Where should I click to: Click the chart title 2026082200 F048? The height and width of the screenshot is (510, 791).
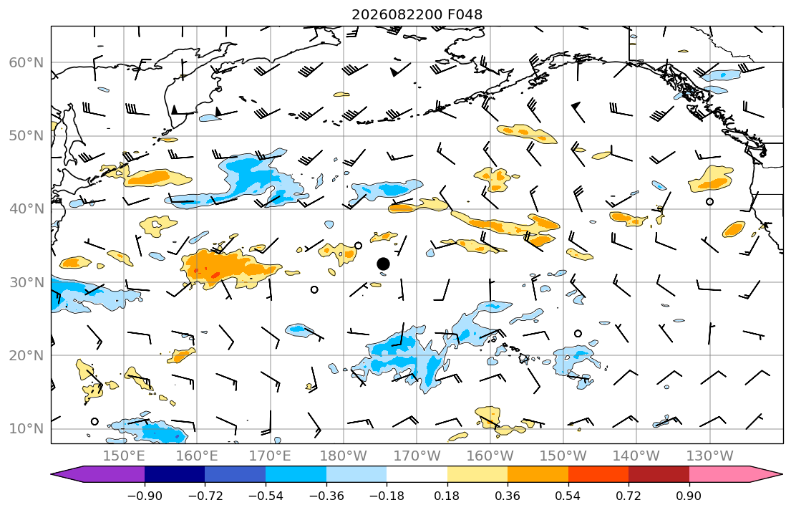pos(417,14)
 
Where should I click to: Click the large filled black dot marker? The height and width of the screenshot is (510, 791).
pos(384,264)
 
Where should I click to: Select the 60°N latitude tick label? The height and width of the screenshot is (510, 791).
pos(26,62)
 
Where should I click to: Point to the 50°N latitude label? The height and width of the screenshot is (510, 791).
pos(26,136)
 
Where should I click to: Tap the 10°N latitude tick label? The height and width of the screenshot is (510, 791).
pos(26,429)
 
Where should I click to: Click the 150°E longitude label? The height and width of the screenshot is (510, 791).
pos(124,456)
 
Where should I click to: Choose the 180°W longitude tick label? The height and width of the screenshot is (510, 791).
pos(344,456)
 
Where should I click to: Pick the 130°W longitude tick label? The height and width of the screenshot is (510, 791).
pos(710,456)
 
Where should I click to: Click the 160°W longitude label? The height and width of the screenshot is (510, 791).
pos(490,456)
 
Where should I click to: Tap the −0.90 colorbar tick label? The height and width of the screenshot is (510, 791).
pos(145,496)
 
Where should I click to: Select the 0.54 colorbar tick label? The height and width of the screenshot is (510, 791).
pos(568,496)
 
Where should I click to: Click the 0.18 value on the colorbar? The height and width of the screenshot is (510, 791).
pos(447,496)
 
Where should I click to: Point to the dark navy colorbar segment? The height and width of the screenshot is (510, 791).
pos(175,474)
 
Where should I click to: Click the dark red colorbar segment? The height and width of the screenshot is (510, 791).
pos(659,474)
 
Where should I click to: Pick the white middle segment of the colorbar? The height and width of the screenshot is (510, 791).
pos(417,474)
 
